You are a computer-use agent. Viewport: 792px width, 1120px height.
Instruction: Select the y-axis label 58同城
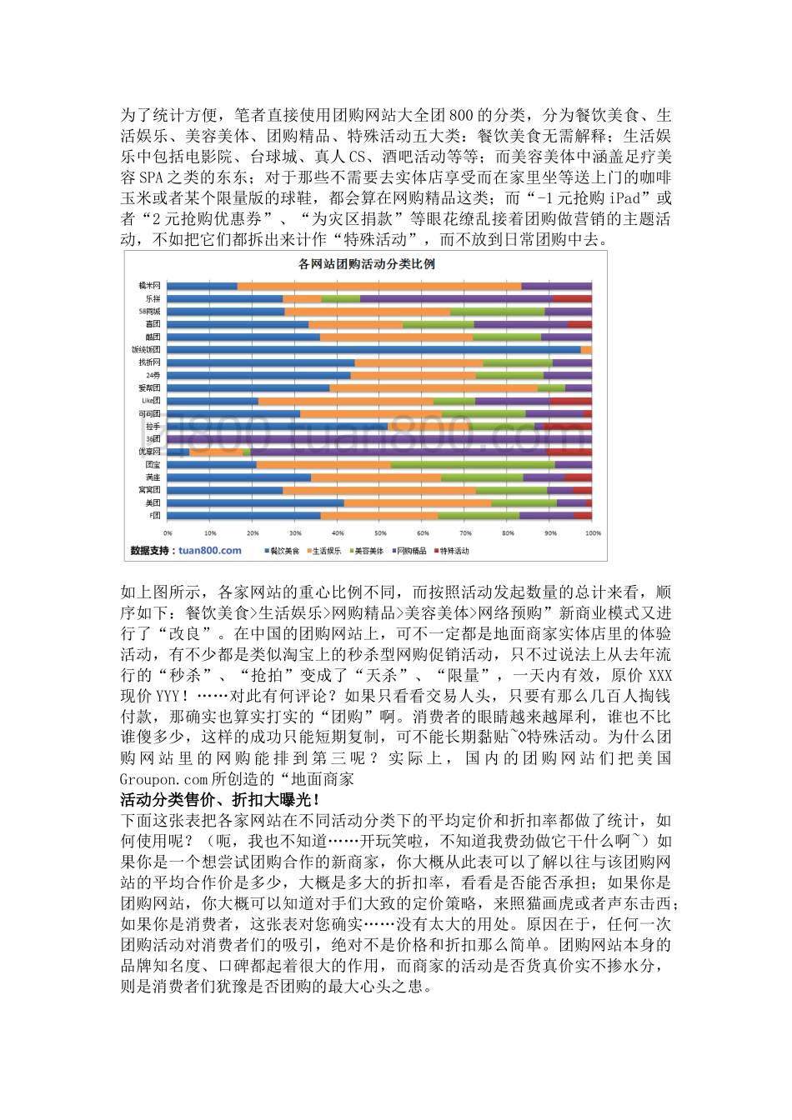[x=150, y=311]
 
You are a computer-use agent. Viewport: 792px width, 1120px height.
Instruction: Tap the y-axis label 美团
[x=153, y=502]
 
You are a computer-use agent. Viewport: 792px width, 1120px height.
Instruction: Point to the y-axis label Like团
[x=150, y=401]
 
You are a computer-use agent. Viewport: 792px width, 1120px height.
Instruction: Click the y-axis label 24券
[x=153, y=375]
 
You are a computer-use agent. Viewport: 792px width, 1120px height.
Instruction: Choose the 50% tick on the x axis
[x=380, y=532]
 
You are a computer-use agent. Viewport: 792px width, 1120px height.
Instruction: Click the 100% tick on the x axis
[x=593, y=532]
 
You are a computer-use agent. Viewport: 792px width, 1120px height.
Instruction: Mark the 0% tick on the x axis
[x=168, y=532]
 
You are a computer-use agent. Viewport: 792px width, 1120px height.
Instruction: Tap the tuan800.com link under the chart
[x=209, y=550]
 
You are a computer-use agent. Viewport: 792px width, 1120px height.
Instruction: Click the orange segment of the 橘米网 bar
[x=379, y=286]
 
